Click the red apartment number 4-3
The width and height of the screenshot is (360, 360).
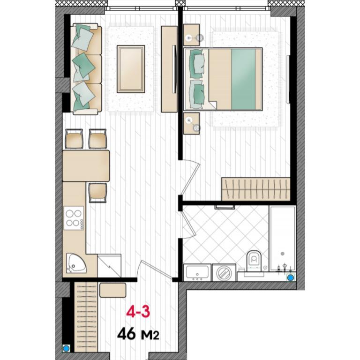tap(138, 312)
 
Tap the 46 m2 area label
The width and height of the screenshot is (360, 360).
tap(138, 334)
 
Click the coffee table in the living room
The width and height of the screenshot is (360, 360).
tap(131, 69)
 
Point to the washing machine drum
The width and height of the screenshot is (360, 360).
tap(224, 273)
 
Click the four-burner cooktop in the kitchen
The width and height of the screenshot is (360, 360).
tap(74, 218)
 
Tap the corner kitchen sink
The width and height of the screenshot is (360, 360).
tap(76, 263)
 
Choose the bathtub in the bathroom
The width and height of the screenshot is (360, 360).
tap(282, 239)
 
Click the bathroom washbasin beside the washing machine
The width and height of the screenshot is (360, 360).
tap(197, 272)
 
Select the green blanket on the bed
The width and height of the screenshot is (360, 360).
tap(243, 79)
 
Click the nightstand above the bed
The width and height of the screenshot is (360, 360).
tap(191, 35)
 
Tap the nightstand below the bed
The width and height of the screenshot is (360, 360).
tap(191, 123)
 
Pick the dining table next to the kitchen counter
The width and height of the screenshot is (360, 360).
tap(86, 166)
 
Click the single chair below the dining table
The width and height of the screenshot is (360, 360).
tap(98, 193)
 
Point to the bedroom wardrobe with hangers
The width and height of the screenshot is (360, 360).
tap(256, 189)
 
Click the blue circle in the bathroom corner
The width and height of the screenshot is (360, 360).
tap(291, 278)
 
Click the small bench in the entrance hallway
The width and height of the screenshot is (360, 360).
tap(112, 290)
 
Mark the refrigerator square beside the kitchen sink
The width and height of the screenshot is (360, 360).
tap(109, 266)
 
